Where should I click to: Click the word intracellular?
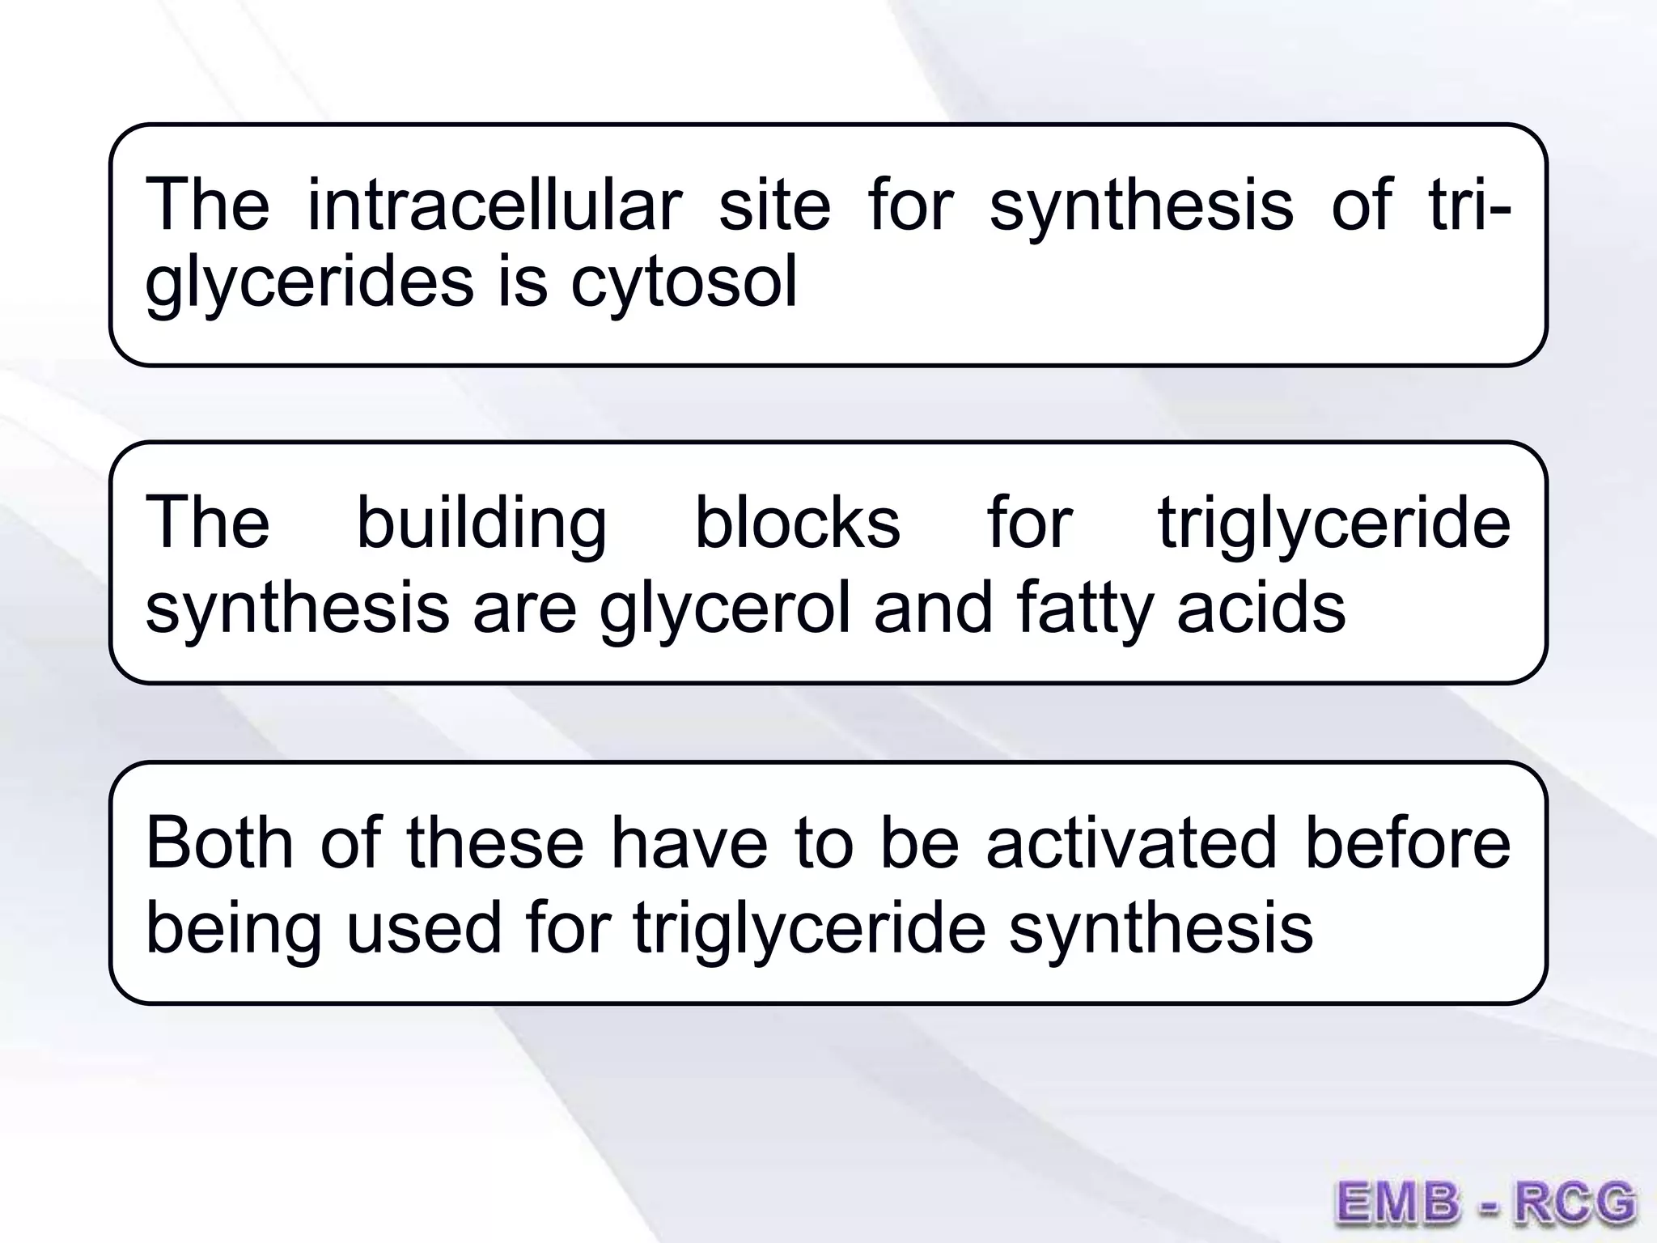(x=494, y=205)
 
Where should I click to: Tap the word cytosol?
(x=684, y=282)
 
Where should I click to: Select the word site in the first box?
(x=774, y=205)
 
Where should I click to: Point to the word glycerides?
(x=309, y=282)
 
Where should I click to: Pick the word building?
(x=481, y=523)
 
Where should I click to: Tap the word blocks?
(x=797, y=523)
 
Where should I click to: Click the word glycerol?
(x=725, y=608)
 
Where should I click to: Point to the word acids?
(x=1261, y=608)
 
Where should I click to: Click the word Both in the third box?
(x=219, y=842)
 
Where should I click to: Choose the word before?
(x=1408, y=842)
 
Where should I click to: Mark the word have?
(x=689, y=842)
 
